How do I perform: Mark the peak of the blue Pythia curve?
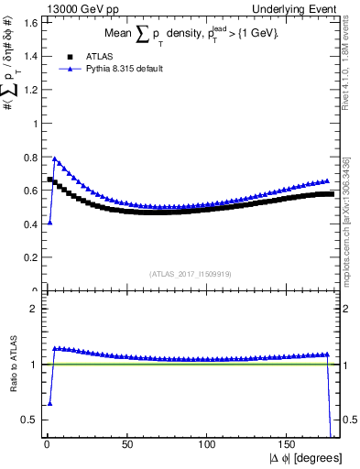(x=55, y=158)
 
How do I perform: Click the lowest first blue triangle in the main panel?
(x=49, y=223)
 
